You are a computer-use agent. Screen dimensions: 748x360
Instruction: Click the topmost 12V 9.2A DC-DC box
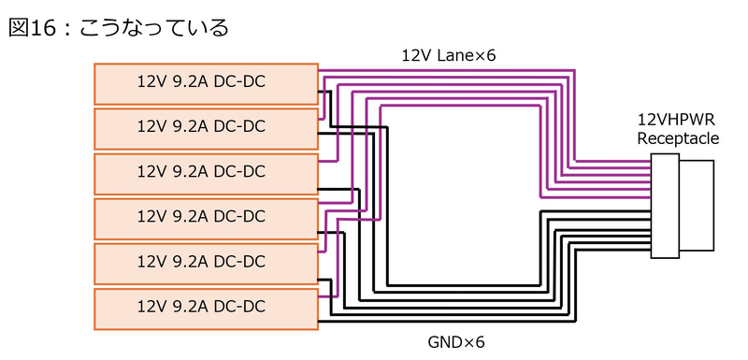click(x=206, y=84)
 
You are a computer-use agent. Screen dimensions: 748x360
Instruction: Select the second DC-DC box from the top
click(x=206, y=129)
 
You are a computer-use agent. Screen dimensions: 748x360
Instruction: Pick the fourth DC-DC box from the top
click(x=206, y=219)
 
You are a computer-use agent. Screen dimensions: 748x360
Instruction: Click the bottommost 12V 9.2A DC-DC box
click(x=206, y=309)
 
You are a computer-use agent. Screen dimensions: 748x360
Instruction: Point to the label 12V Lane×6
click(x=449, y=56)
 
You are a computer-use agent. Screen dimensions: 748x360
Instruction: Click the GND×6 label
click(x=456, y=342)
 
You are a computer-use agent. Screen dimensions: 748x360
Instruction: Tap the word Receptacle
click(x=679, y=138)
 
